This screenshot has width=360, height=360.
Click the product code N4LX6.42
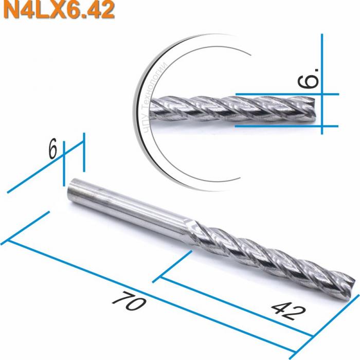click(57, 10)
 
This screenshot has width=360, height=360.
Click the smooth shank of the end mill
click(129, 208)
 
